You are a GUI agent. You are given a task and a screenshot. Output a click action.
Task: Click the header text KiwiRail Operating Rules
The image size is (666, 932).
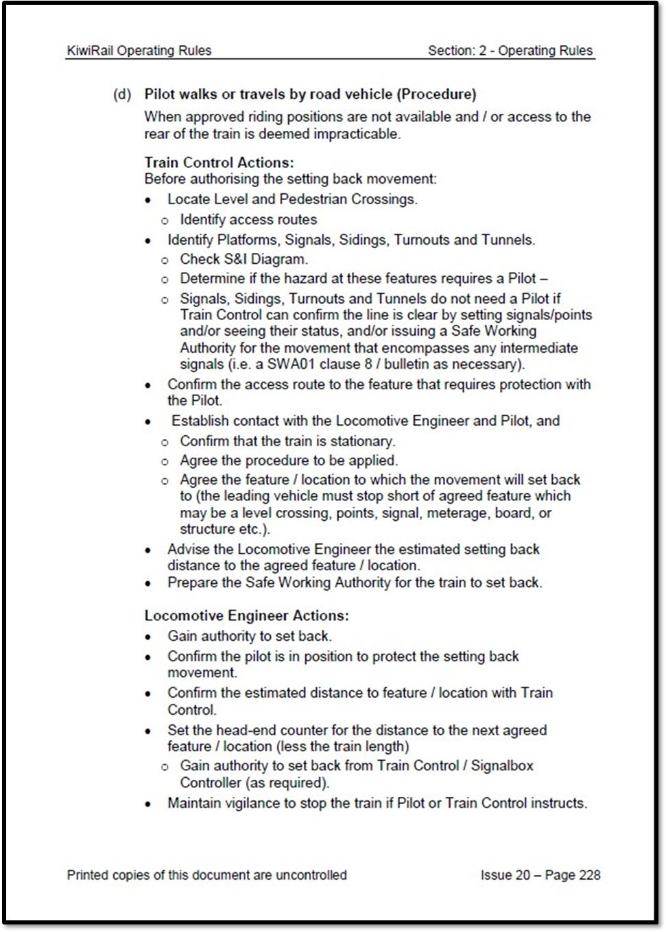[139, 51]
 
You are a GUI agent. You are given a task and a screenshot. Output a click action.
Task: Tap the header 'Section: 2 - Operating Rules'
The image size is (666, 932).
[510, 51]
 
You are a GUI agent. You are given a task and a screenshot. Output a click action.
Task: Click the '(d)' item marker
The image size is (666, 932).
[122, 94]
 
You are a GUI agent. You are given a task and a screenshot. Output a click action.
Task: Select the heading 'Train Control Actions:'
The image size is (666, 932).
[219, 162]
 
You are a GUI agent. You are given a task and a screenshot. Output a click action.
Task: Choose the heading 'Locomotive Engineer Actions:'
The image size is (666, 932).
[246, 615]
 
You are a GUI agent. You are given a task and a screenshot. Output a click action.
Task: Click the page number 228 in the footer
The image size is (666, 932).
[590, 875]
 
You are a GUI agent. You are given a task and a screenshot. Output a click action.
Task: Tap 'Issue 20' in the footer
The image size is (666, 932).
[506, 875]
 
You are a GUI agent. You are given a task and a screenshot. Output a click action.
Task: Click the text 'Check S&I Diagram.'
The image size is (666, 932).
[243, 259]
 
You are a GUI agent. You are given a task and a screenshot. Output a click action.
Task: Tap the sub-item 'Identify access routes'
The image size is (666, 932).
[248, 219]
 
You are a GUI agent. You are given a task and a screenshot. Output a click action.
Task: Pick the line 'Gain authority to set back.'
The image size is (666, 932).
[250, 636]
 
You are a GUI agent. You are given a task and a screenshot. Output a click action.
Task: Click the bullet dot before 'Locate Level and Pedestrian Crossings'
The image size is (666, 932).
[148, 200]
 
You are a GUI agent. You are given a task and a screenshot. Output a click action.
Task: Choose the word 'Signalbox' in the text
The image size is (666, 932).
[502, 765]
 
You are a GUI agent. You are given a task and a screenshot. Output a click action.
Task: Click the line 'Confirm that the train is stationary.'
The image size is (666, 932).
[287, 441]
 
